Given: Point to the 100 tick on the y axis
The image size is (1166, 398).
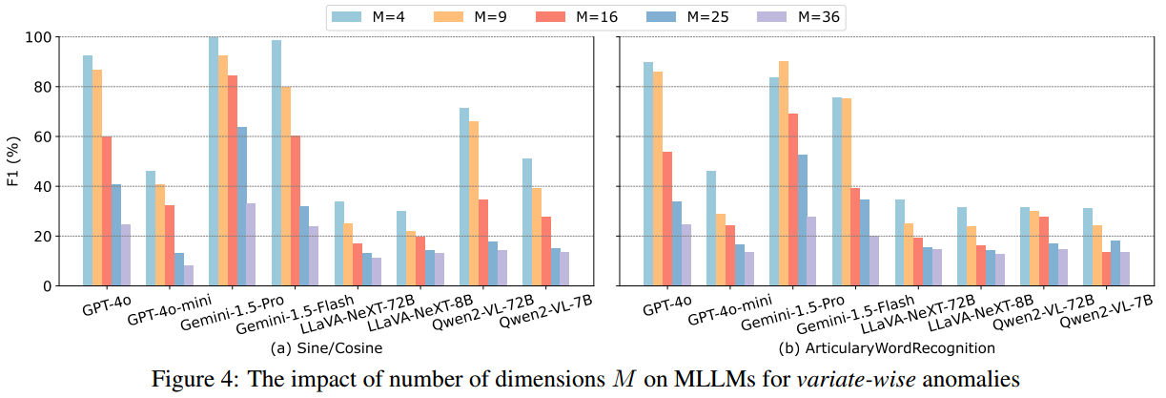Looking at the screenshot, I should tap(44, 37).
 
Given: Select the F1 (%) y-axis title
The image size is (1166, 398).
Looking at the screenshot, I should tap(13, 160).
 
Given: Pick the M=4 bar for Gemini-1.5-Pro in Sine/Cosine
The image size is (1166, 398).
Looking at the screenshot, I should tap(214, 161).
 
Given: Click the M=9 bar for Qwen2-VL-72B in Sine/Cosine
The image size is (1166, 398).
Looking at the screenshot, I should tap(474, 203).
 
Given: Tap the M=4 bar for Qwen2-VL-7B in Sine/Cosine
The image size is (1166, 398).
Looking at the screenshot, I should tap(527, 221).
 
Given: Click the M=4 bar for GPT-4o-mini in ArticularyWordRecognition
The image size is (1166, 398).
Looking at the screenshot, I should tap(711, 228).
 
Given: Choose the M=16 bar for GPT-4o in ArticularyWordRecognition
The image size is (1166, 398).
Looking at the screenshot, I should tap(668, 219).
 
